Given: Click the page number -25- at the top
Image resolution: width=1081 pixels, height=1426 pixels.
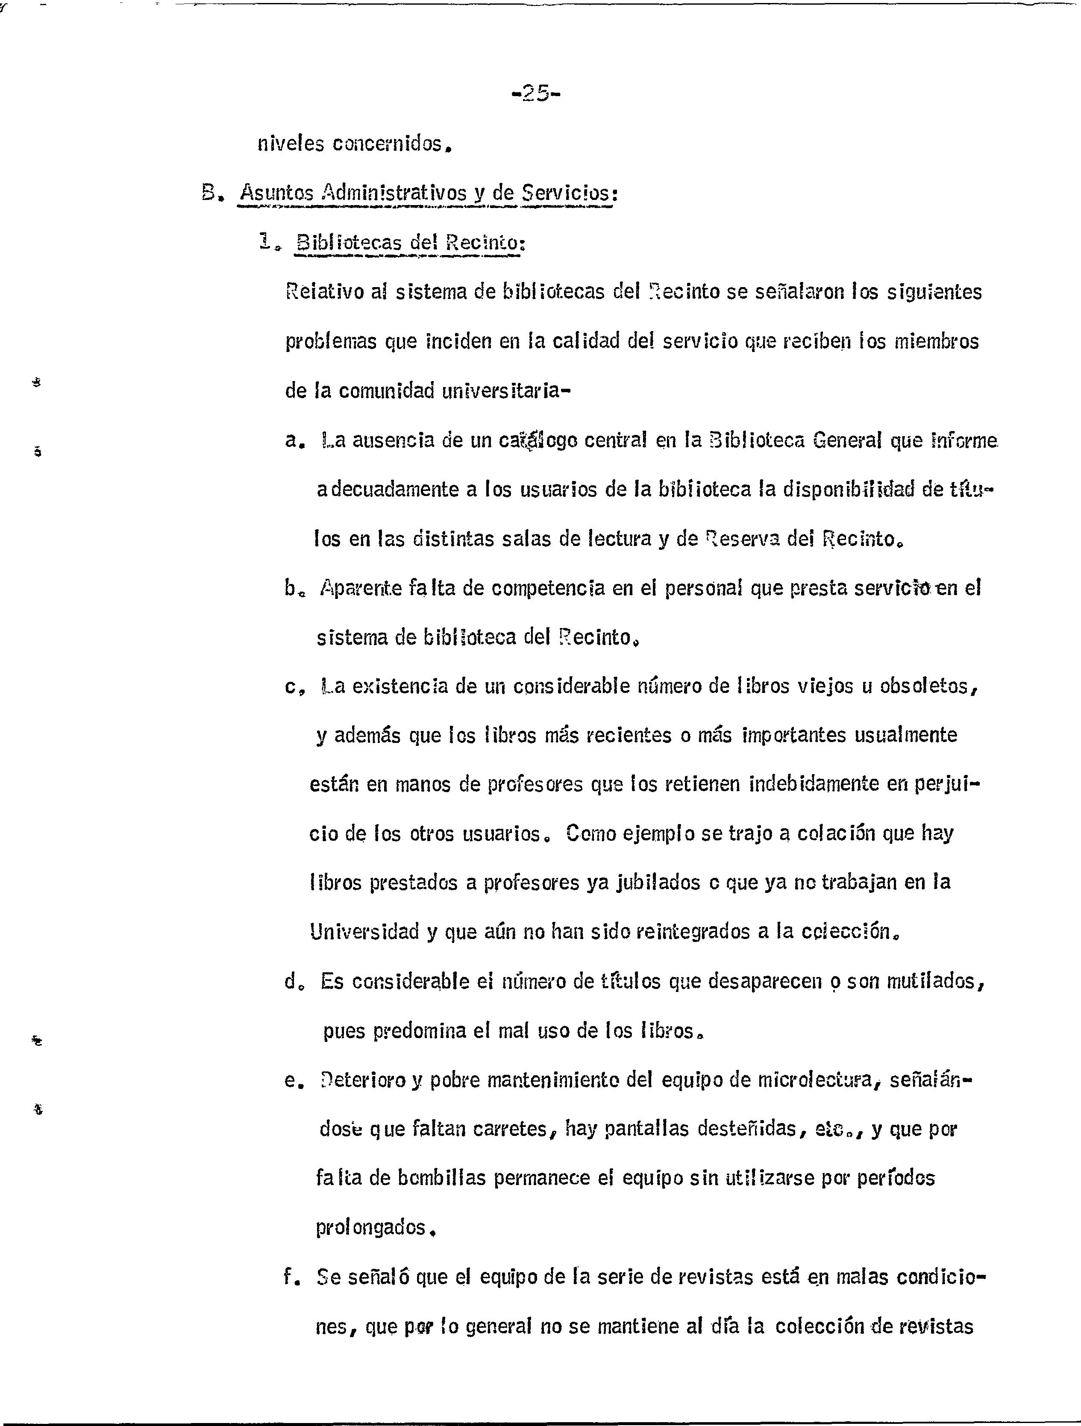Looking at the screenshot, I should pos(535,94).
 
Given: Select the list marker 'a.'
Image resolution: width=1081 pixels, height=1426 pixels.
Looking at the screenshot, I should pos(293,442).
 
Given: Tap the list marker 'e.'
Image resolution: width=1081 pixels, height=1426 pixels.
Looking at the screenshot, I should pos(293,1080).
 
